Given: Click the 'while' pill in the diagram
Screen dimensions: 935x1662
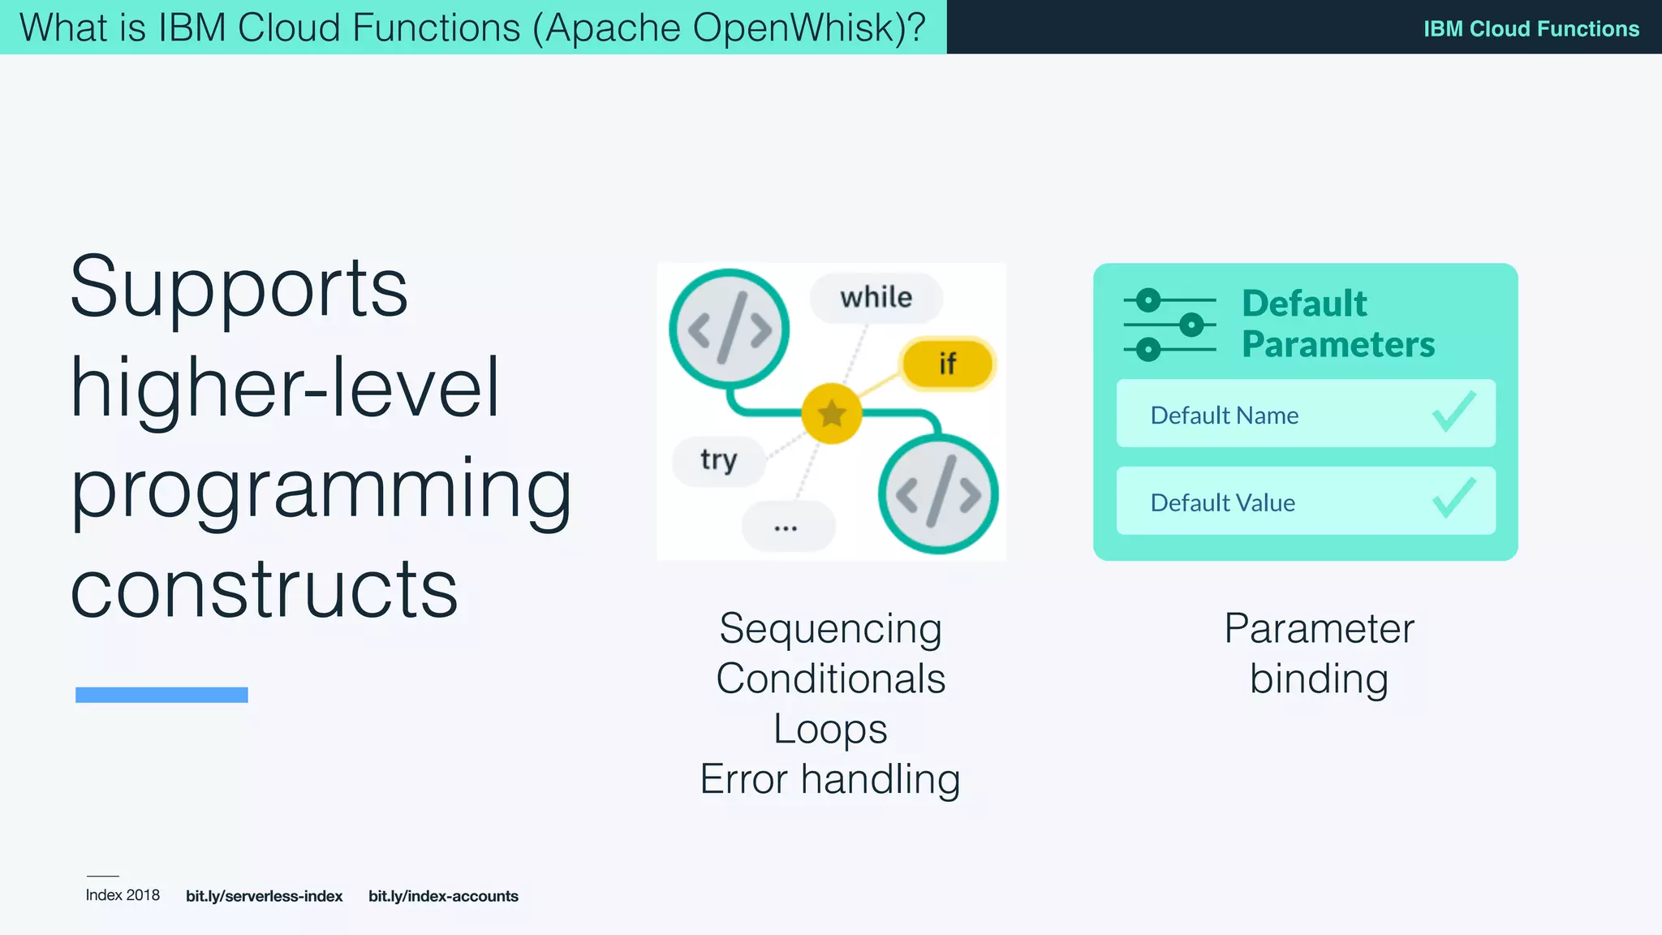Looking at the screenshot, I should (x=876, y=298).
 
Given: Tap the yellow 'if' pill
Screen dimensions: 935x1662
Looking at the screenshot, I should (x=947, y=364).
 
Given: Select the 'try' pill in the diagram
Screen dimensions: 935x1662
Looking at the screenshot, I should (x=718, y=460).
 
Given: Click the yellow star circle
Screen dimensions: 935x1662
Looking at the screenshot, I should (x=832, y=414).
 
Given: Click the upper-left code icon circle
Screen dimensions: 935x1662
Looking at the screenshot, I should (x=729, y=329).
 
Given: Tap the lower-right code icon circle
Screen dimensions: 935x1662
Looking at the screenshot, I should (x=938, y=494).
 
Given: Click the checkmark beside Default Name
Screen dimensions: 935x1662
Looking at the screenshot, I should (x=1453, y=412).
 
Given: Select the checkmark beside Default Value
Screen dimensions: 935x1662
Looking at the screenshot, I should (x=1453, y=498).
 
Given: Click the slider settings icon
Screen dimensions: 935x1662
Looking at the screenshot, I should (x=1169, y=325).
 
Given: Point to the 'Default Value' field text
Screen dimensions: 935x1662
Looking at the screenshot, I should (x=1222, y=502).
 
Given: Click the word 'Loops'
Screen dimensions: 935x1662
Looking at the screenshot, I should (x=830, y=728).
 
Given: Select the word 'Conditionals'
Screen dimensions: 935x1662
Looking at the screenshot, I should (x=830, y=679).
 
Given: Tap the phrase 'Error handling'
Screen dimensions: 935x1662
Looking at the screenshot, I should (x=830, y=778).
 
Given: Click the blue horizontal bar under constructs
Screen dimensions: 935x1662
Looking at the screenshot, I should (x=161, y=695).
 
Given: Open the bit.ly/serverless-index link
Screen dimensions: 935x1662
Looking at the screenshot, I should (x=264, y=896).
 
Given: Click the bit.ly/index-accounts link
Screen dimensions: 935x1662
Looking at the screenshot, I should (x=443, y=896).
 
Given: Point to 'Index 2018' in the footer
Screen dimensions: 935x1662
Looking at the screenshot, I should (x=123, y=895).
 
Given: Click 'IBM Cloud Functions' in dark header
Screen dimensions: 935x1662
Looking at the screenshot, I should (x=1531, y=28).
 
